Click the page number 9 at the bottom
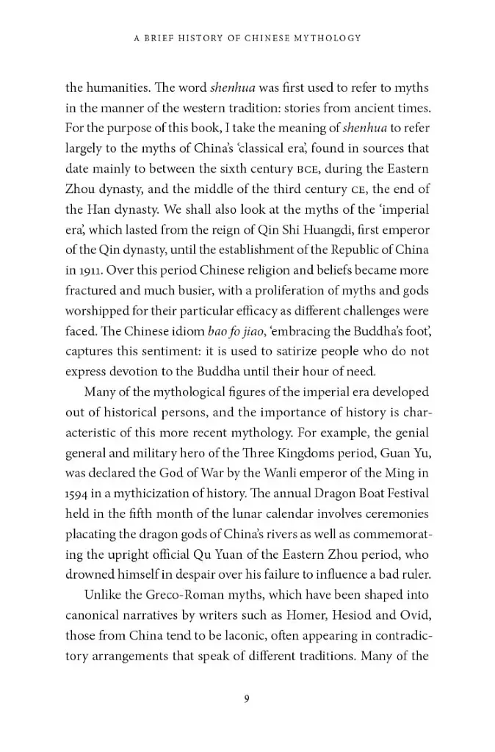pos(247,698)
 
